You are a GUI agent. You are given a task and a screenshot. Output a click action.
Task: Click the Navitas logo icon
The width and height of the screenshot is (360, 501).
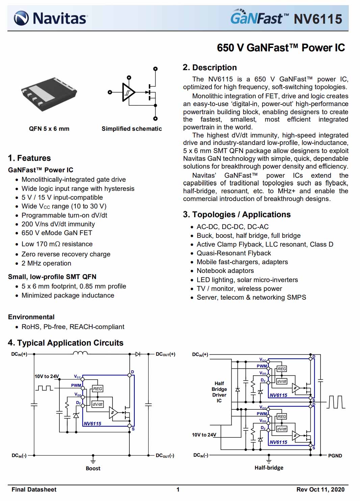pyautogui.click(x=21, y=18)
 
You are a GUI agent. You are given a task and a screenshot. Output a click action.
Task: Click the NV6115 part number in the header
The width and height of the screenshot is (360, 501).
pyautogui.click(x=318, y=19)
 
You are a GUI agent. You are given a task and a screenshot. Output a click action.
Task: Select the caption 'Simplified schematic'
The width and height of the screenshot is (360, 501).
pyautogui.click(x=132, y=129)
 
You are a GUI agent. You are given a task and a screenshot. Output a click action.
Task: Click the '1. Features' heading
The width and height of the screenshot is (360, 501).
pyautogui.click(x=29, y=158)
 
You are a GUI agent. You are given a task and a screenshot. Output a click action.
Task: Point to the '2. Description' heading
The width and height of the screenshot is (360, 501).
pyautogui.click(x=210, y=68)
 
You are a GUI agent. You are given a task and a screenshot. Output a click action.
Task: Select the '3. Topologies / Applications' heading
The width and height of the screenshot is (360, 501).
pyautogui.click(x=237, y=215)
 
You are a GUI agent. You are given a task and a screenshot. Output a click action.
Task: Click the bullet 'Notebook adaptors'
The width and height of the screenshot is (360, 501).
pyautogui.click(x=225, y=271)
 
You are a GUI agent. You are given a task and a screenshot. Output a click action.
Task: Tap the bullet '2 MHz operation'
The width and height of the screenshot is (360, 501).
pyautogui.click(x=46, y=263)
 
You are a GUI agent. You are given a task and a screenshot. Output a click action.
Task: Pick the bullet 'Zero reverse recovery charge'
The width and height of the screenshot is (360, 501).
pyautogui.click(x=66, y=254)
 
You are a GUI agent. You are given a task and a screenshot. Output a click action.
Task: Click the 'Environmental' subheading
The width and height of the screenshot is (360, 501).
pyautogui.click(x=31, y=317)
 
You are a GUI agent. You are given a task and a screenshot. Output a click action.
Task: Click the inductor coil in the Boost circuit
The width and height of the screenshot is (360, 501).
pyautogui.click(x=80, y=353)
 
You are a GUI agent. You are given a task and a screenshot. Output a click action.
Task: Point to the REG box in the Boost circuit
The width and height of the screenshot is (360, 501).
pyautogui.click(x=98, y=389)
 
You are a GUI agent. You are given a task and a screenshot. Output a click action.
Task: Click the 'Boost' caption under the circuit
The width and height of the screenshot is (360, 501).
pyautogui.click(x=93, y=468)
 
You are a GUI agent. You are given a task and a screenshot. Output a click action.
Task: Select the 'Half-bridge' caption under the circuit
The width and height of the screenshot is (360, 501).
pyautogui.click(x=269, y=468)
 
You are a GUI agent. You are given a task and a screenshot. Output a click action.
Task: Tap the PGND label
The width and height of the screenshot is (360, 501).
pyautogui.click(x=335, y=456)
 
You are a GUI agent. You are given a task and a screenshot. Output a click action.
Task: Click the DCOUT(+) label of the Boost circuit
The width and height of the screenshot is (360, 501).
pyautogui.click(x=165, y=354)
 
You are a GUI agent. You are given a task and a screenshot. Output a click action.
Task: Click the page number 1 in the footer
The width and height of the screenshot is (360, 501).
pyautogui.click(x=178, y=490)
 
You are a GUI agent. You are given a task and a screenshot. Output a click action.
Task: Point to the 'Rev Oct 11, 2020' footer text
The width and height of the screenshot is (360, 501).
pyautogui.click(x=320, y=490)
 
